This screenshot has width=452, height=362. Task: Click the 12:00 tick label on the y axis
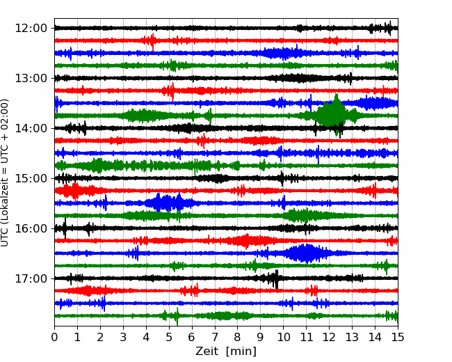31,29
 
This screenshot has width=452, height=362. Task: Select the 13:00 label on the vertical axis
31,78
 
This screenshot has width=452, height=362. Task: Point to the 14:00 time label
31,128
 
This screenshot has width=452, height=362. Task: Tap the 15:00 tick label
31,178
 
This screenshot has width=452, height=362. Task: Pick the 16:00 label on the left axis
31,228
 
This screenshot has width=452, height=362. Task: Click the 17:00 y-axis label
31,278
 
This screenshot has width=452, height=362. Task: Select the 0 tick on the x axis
54,337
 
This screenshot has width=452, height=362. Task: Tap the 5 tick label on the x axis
169,337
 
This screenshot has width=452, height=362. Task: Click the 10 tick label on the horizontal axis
283,337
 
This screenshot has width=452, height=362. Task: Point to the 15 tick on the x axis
398,337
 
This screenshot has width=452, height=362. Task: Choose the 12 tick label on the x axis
329,337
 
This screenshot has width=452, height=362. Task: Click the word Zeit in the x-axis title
208,352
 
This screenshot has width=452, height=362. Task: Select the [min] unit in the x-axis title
241,352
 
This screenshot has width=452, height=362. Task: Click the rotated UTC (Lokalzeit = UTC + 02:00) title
5,173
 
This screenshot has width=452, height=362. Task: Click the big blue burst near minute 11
305,253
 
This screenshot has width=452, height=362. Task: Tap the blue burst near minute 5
167,203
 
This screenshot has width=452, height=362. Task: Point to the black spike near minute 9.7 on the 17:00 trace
276,279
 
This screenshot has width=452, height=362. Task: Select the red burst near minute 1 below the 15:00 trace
76,191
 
